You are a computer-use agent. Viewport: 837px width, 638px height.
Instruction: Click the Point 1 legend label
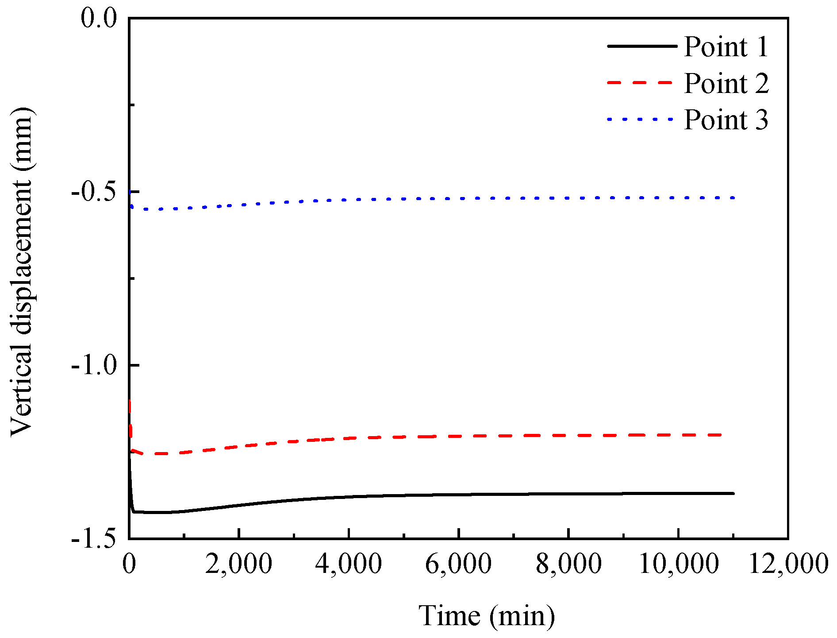(x=726, y=46)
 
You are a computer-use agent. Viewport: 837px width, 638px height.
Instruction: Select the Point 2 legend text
(x=726, y=83)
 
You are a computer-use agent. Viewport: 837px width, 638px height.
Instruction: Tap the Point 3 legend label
(x=726, y=120)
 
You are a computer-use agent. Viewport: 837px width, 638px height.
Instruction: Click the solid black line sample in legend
(x=642, y=46)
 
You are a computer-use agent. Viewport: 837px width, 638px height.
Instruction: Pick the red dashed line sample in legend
(x=640, y=83)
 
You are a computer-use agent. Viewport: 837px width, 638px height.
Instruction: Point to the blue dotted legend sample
(x=640, y=120)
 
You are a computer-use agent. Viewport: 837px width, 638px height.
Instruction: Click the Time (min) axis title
(x=487, y=616)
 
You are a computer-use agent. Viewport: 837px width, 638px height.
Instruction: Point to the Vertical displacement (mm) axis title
(x=22, y=271)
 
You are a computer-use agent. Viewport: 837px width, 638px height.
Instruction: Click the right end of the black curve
(x=733, y=493)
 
